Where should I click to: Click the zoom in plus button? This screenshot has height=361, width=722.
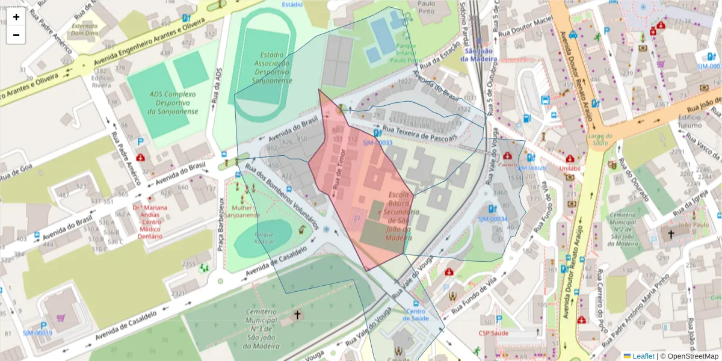click(16, 17)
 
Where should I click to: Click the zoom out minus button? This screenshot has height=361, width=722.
click(16, 35)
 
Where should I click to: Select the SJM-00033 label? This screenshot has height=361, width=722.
click(377, 143)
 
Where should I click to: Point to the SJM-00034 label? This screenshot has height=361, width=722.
click(493, 219)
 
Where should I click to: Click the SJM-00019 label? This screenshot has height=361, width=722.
click(37, 333)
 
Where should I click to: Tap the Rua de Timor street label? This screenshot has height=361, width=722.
click(339, 171)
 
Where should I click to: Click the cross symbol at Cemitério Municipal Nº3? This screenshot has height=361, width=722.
click(296, 315)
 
